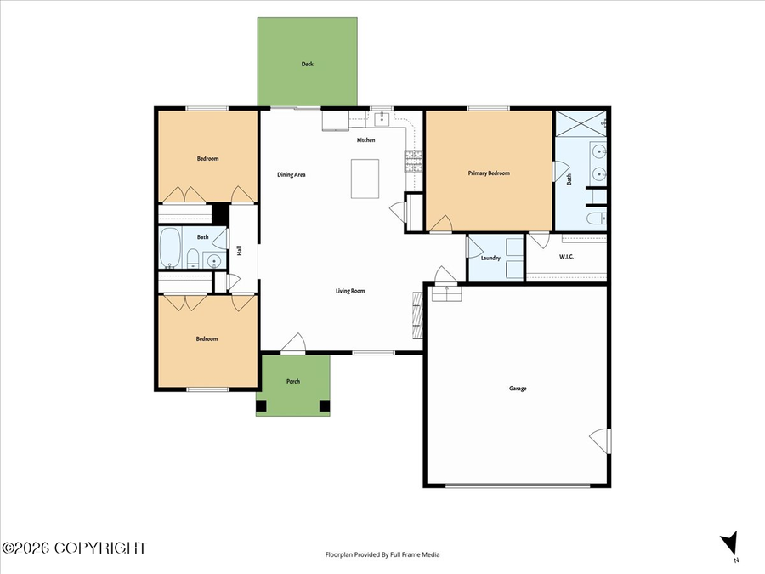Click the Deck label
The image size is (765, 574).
pyautogui.click(x=308, y=64)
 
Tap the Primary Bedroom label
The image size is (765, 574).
pyautogui.click(x=489, y=173)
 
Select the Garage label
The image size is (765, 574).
pyautogui.click(x=518, y=389)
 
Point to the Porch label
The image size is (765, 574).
pyautogui.click(x=293, y=381)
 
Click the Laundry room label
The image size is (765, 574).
pyautogui.click(x=490, y=259)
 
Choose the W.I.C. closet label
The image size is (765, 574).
pyautogui.click(x=566, y=257)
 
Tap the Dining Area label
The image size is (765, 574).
pyautogui.click(x=292, y=174)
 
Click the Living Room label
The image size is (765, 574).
pyautogui.click(x=350, y=291)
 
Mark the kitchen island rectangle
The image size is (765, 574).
pyautogui.click(x=365, y=179)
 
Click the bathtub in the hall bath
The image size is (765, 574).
pyautogui.click(x=170, y=248)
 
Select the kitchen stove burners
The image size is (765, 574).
pyautogui.click(x=413, y=161)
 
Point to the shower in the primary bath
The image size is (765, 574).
pyautogui.click(x=581, y=123)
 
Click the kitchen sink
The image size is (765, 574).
pyautogui.click(x=382, y=118)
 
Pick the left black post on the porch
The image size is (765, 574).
pyautogui.click(x=262, y=406)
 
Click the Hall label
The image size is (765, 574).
pyautogui.click(x=239, y=250)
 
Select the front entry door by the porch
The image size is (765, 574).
pyautogui.click(x=293, y=343)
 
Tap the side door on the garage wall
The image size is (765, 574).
pyautogui.click(x=599, y=441)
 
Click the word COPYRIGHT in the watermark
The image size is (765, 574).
pyautogui.click(x=99, y=548)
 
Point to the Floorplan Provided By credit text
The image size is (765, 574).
pyautogui.click(x=382, y=554)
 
